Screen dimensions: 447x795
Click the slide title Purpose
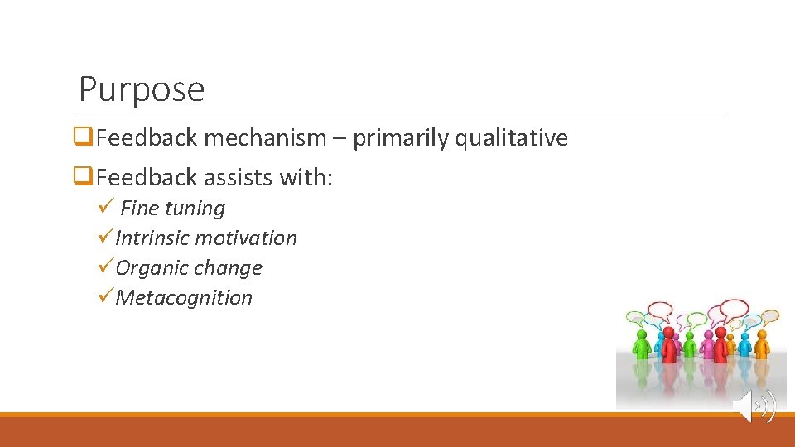pos(141,89)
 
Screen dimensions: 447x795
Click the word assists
pos(232,178)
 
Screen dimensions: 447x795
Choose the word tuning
pos(195,209)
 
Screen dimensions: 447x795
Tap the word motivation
pos(247,238)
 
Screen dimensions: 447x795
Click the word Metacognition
pos(184,298)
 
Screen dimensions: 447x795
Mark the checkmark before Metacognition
pos(105,297)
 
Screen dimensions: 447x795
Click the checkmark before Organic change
pos(105,267)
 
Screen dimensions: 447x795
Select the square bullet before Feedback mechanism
pos(83,137)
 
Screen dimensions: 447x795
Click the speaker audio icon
pos(754,406)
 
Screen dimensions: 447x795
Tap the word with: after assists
pos(307,178)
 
